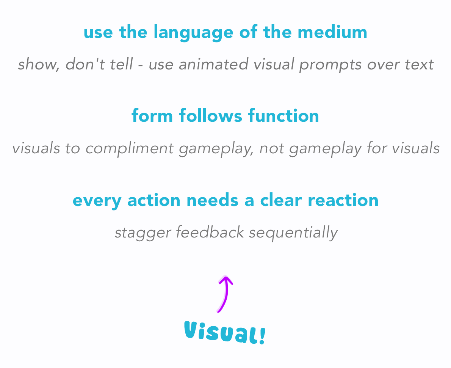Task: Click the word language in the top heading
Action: tap(193, 33)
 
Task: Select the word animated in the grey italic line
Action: tap(214, 64)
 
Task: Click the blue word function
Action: tap(283, 116)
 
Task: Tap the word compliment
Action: tap(129, 149)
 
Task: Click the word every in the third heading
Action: tap(97, 201)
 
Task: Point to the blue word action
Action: tap(154, 200)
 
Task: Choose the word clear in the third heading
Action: tap(281, 200)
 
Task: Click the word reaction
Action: tap(343, 200)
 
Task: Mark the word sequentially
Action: tap(293, 233)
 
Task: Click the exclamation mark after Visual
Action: tap(262, 336)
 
